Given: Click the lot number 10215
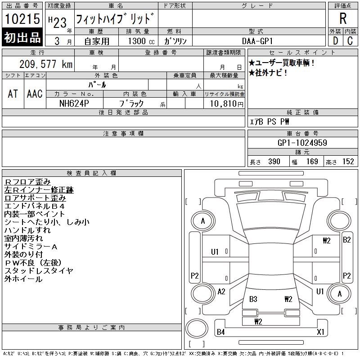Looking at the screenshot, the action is coord(22,19).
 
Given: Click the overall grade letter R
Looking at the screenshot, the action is coord(343,18).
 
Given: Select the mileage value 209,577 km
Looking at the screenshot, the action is coord(46,64).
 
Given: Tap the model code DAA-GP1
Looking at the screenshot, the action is coord(257,41).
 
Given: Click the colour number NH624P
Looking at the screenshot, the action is coord(74,103).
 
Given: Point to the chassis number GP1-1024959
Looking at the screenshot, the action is coord(302,143).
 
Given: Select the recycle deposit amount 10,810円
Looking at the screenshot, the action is coord(226,104).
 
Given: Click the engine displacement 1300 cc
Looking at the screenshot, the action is coord(141,41).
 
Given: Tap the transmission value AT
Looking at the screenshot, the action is coord(13,94).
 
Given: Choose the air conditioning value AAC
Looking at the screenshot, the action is coord(35,94).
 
